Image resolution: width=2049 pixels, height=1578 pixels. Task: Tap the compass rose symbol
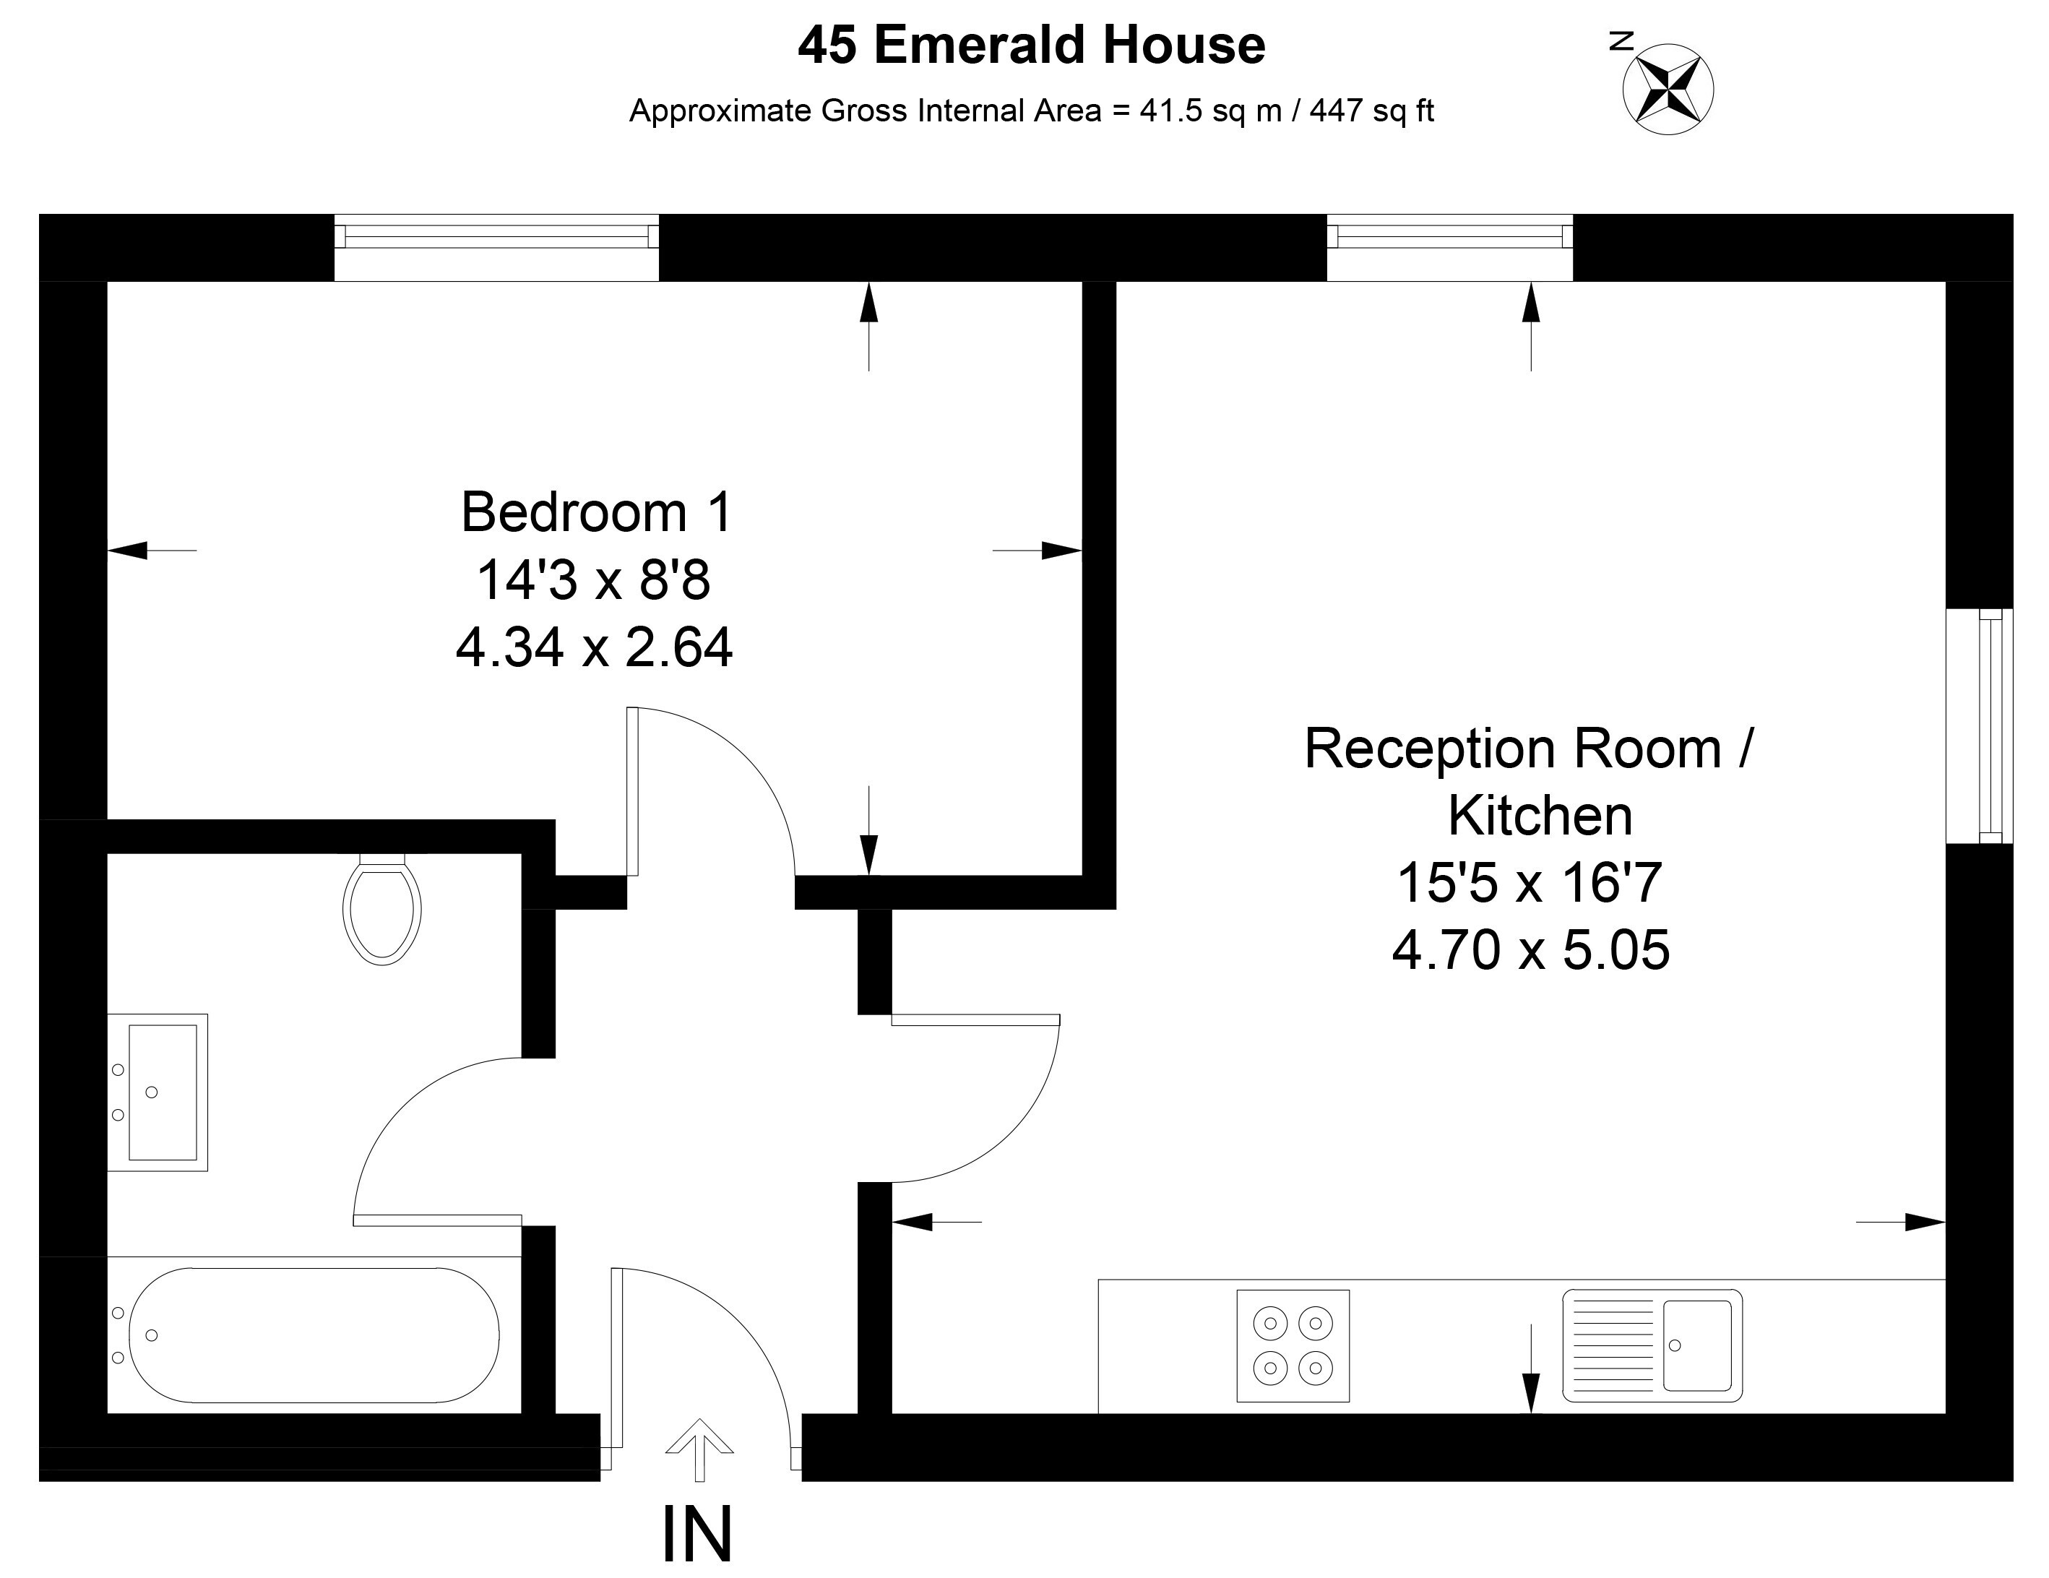[x=1668, y=89]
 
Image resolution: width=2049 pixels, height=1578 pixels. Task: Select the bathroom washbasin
[x=158, y=1092]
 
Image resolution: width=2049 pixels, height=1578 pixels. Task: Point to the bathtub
[x=314, y=1335]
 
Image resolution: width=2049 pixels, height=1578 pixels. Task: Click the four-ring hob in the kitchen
[x=1293, y=1346]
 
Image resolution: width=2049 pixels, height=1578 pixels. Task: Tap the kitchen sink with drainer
[x=1652, y=1345]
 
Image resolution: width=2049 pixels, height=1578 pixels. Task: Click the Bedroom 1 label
[x=597, y=512]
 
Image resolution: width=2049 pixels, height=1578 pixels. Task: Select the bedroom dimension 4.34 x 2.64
[x=595, y=647]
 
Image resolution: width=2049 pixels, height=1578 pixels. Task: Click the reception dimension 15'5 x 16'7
[x=1530, y=883]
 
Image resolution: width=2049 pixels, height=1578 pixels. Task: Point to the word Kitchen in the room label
[x=1540, y=815]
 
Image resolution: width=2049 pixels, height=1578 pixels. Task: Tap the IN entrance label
[x=697, y=1535]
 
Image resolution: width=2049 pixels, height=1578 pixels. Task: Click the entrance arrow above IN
[x=699, y=1449]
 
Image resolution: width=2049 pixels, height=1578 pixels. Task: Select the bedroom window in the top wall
[x=497, y=248]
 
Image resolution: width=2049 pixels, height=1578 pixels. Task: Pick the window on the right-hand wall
[x=1980, y=725]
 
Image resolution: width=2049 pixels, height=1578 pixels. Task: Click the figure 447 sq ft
[x=1371, y=111]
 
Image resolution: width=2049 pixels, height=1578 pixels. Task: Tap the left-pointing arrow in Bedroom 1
[x=152, y=550]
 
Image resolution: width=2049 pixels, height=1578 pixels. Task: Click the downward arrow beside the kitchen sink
[x=1531, y=1368]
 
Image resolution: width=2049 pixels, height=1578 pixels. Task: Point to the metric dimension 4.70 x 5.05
[x=1531, y=950]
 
